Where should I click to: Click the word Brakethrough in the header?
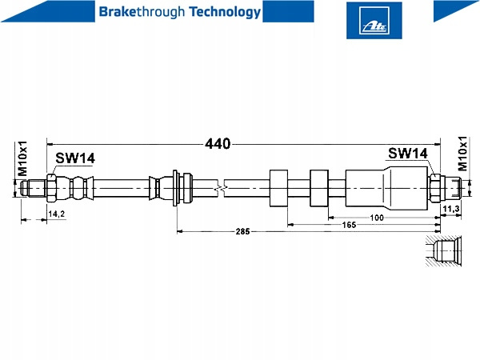pyautogui.click(x=134, y=12)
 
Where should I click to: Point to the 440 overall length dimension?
pyautogui.click(x=218, y=144)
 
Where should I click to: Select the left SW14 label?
pyautogui.click(x=74, y=158)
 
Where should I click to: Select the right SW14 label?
pyautogui.click(x=408, y=153)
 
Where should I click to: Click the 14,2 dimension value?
pyautogui.click(x=56, y=215)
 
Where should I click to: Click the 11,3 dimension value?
pyautogui.click(x=450, y=209)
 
